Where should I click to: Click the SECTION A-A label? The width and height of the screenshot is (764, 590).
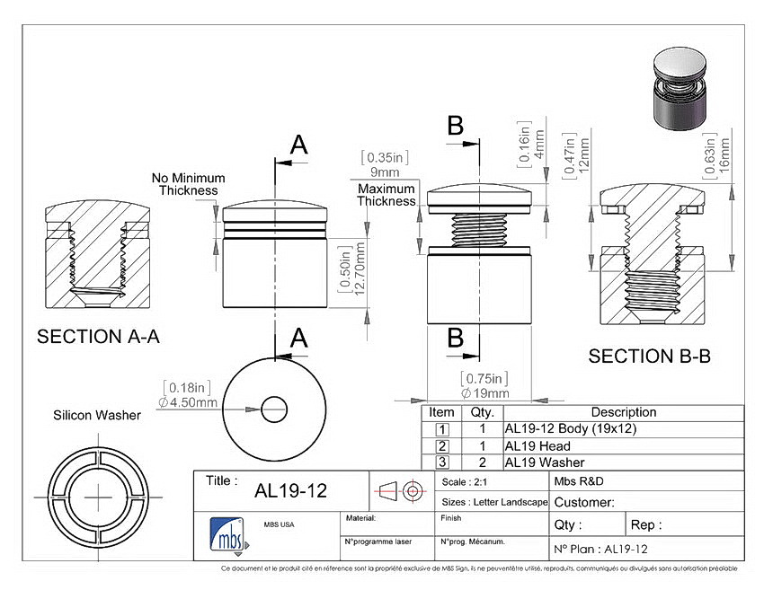(99, 337)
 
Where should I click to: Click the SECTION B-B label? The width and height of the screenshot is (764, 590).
(650, 357)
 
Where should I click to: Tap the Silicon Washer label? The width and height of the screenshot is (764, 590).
(97, 415)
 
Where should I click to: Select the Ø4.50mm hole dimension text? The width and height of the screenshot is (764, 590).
(188, 402)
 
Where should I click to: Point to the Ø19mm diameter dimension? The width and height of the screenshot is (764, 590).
(484, 393)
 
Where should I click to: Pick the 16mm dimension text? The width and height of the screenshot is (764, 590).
(724, 154)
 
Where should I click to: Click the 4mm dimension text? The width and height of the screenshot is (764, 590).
(539, 144)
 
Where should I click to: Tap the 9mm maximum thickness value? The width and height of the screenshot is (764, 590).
(385, 172)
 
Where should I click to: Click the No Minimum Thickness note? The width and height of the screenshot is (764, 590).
(188, 184)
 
